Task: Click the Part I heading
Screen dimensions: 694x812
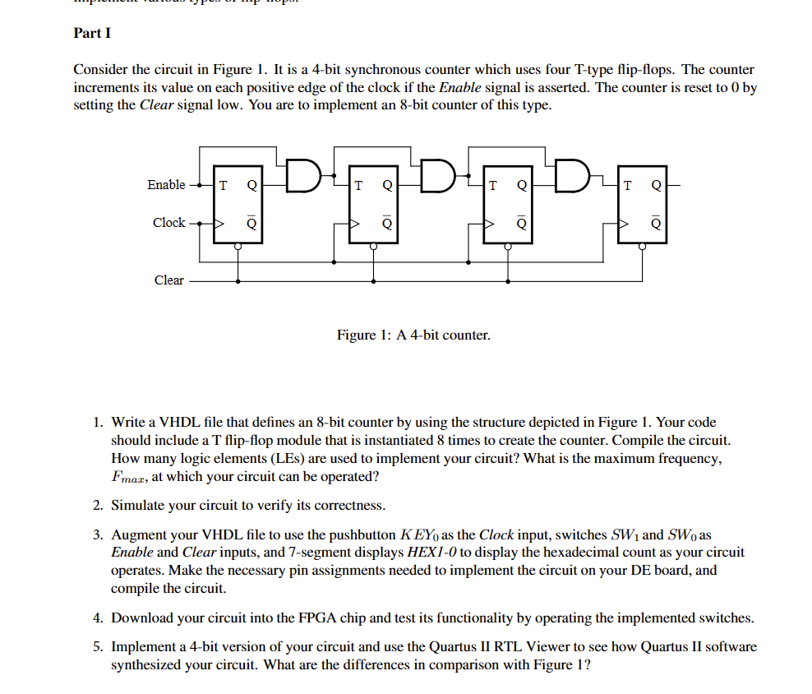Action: (x=91, y=33)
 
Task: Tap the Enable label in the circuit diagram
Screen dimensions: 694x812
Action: (x=166, y=185)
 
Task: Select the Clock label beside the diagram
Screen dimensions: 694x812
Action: (x=168, y=223)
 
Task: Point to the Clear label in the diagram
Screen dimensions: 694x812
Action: (x=168, y=280)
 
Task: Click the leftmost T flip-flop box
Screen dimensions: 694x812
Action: (x=238, y=204)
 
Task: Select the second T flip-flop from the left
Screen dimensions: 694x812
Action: (x=374, y=204)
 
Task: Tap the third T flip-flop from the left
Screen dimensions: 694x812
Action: (x=508, y=204)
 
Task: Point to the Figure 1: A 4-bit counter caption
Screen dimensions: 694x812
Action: (x=413, y=335)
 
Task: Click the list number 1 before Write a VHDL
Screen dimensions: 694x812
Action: (x=97, y=423)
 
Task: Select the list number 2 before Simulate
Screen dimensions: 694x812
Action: (x=97, y=505)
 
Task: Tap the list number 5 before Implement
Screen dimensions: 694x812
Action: (x=97, y=647)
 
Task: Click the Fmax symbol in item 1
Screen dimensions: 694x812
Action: (x=127, y=478)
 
